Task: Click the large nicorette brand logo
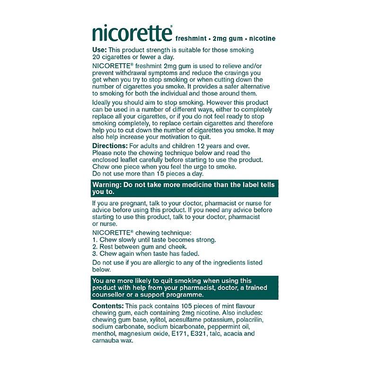pos(132,34)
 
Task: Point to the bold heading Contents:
pos(108,306)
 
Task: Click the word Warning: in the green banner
pos(109,184)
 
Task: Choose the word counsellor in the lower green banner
pos(111,294)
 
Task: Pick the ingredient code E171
pos(184,333)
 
